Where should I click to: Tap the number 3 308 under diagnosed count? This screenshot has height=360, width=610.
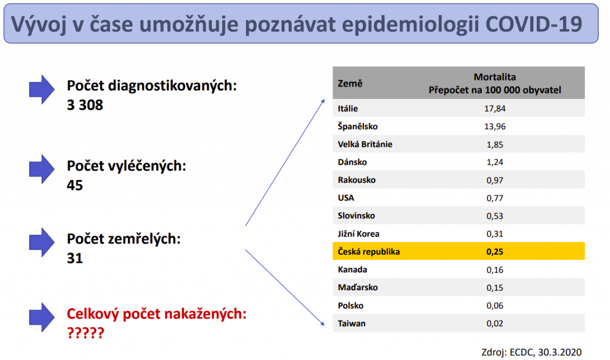85,105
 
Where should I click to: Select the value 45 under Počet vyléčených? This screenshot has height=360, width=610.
74,185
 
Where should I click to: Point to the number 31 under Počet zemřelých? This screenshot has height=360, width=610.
74,259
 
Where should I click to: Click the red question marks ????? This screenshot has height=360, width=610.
86,333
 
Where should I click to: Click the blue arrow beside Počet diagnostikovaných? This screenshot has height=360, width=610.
42,89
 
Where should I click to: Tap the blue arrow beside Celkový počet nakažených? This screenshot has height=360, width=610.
42,318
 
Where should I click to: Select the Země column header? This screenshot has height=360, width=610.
350,83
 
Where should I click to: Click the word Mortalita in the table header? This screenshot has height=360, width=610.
494,77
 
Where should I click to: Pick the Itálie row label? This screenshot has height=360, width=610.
347,108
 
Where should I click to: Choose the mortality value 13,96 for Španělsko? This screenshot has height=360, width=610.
494,126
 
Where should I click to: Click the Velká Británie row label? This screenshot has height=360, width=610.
365,144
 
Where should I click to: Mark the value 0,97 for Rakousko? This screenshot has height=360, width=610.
494,180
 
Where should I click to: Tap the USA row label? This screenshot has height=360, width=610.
346,198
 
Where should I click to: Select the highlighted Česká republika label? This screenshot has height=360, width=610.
368,252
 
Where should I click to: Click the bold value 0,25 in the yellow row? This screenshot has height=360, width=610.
494,252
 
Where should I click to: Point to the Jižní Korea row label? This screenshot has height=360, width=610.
358,234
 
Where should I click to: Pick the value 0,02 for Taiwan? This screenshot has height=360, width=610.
494,324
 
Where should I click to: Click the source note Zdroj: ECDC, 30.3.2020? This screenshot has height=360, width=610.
531,352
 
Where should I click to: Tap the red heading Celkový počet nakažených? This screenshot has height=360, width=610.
157,314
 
